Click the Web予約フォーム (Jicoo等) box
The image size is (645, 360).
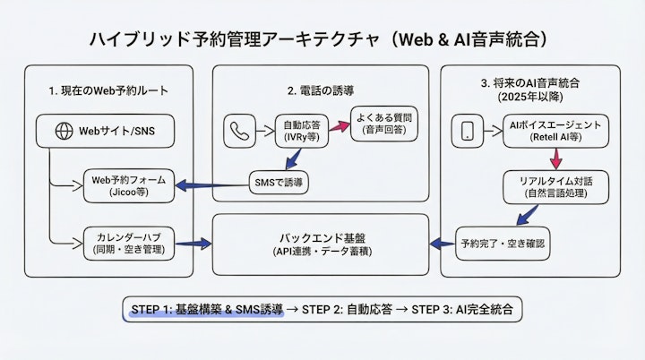(125, 185)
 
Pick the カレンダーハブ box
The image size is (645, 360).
(125, 243)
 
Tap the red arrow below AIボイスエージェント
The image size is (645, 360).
(556, 159)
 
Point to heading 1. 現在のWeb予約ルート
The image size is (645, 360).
(108, 91)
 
